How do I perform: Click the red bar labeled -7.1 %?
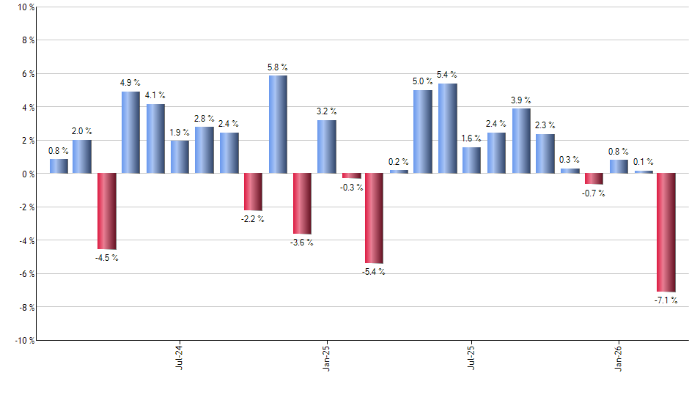pos(666,232)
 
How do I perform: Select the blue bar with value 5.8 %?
pos(278,125)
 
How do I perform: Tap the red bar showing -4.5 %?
pos(107,211)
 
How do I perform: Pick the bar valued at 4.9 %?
pos(130,133)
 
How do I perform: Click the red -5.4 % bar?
pos(374,218)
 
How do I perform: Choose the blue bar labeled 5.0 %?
pos(423,132)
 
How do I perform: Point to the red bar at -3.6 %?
pos(302,204)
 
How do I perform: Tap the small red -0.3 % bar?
pos(351,176)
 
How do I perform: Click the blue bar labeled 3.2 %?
pos(327,147)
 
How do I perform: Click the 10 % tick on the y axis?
pos(25,7)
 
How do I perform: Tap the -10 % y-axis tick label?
pos(22,340)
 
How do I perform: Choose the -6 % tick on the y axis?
pos(24,273)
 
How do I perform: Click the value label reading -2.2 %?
pos(254,219)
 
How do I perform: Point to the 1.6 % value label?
pos(471,138)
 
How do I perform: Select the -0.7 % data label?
pos(594,193)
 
